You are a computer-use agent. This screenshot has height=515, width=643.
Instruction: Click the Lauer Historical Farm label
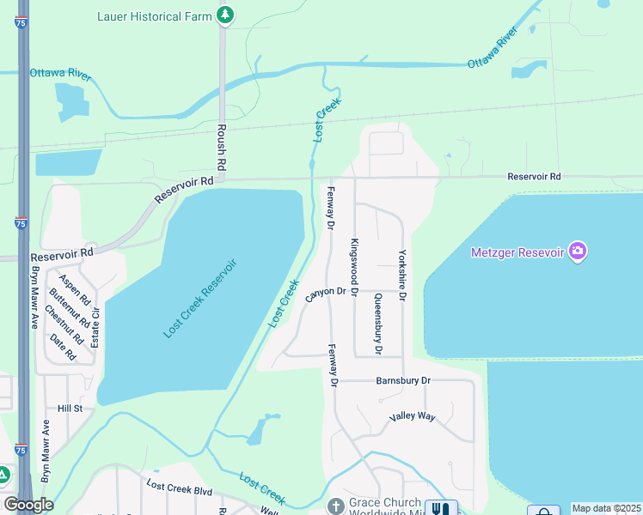tap(150, 15)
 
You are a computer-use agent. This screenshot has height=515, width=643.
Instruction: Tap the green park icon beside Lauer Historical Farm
tap(225, 15)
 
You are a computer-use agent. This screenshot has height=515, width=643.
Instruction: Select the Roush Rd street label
tap(221, 151)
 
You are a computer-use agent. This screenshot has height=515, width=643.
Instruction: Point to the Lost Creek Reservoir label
tap(199, 297)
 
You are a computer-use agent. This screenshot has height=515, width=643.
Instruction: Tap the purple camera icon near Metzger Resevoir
tap(578, 251)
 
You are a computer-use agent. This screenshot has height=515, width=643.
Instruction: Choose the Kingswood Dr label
tap(353, 263)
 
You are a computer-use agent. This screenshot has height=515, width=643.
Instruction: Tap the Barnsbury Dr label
tap(403, 379)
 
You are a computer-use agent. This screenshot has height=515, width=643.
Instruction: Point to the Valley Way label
tap(412, 417)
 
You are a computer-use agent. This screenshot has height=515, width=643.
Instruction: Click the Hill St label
tap(70, 409)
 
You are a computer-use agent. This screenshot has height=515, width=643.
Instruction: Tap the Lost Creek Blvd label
tap(179, 489)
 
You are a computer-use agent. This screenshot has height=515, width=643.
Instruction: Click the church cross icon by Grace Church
tap(335, 506)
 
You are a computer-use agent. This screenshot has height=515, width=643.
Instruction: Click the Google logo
tap(28, 505)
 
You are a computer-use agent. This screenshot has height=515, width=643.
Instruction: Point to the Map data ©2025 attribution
tap(605, 508)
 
